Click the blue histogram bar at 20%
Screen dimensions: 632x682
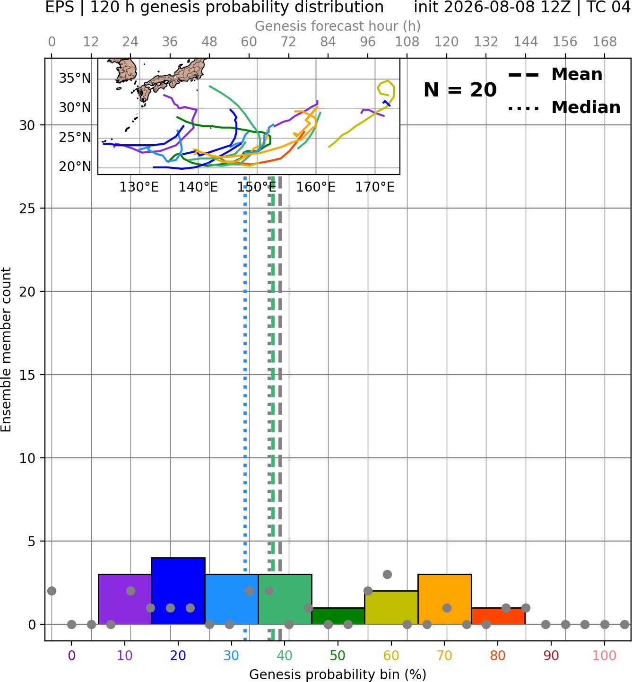(x=178, y=591)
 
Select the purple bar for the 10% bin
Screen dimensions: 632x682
(x=125, y=599)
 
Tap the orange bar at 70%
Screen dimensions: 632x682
(x=445, y=599)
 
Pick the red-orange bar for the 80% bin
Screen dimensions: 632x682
(x=498, y=616)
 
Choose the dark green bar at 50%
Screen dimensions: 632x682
(x=338, y=616)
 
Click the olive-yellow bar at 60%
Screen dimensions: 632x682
(x=391, y=607)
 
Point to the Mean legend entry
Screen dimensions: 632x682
(x=555, y=75)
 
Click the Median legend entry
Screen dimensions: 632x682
(x=564, y=107)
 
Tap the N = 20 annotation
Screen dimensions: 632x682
(x=460, y=90)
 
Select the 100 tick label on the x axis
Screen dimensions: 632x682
(x=605, y=656)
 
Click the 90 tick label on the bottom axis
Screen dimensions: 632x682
(x=551, y=656)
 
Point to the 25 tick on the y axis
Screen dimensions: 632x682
(x=27, y=209)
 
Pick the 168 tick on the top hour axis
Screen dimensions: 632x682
(x=605, y=42)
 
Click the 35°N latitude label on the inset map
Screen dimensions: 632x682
(x=75, y=79)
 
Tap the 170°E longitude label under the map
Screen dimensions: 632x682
(x=375, y=187)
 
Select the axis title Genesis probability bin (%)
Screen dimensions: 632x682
(x=338, y=674)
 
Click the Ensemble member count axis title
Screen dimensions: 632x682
(x=6, y=350)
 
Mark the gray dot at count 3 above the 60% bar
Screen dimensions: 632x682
(x=387, y=574)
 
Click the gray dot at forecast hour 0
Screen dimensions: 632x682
(x=52, y=591)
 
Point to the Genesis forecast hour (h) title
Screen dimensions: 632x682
(x=338, y=26)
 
